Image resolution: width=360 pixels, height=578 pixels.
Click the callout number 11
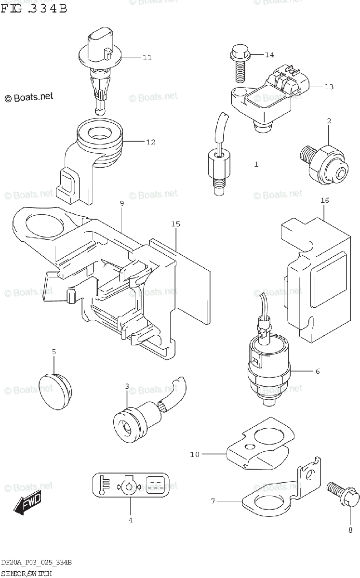click(x=147, y=58)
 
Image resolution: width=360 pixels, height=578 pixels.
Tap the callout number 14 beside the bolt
click(x=269, y=55)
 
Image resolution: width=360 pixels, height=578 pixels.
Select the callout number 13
click(x=329, y=87)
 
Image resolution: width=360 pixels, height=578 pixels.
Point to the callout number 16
click(x=325, y=200)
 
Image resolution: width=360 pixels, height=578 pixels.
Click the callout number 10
click(x=194, y=454)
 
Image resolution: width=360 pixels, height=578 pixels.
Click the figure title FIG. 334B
click(x=34, y=9)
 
